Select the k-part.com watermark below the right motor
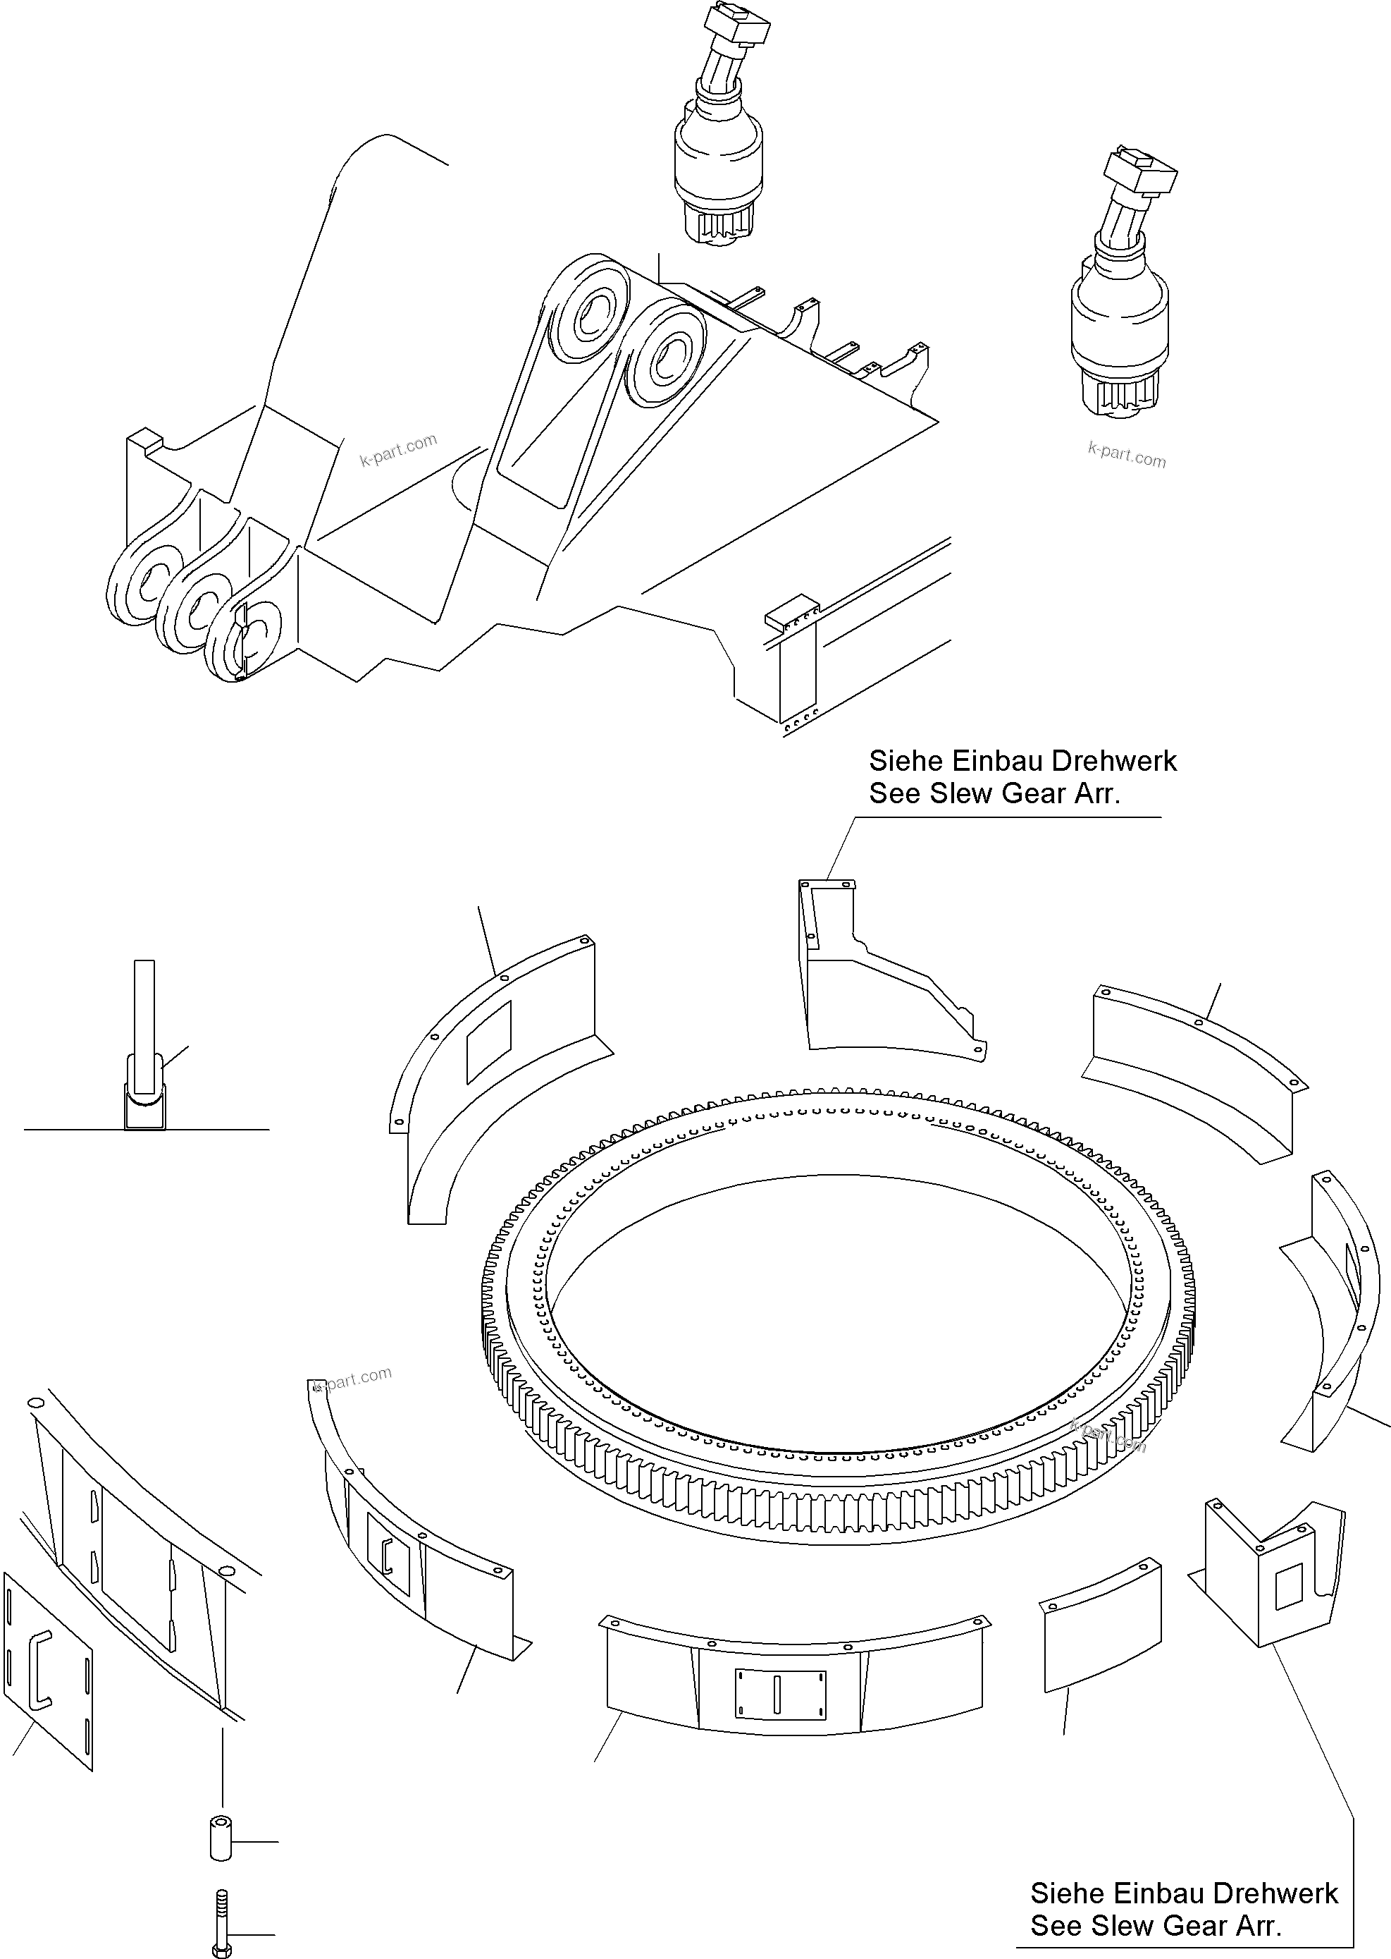[1126, 454]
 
